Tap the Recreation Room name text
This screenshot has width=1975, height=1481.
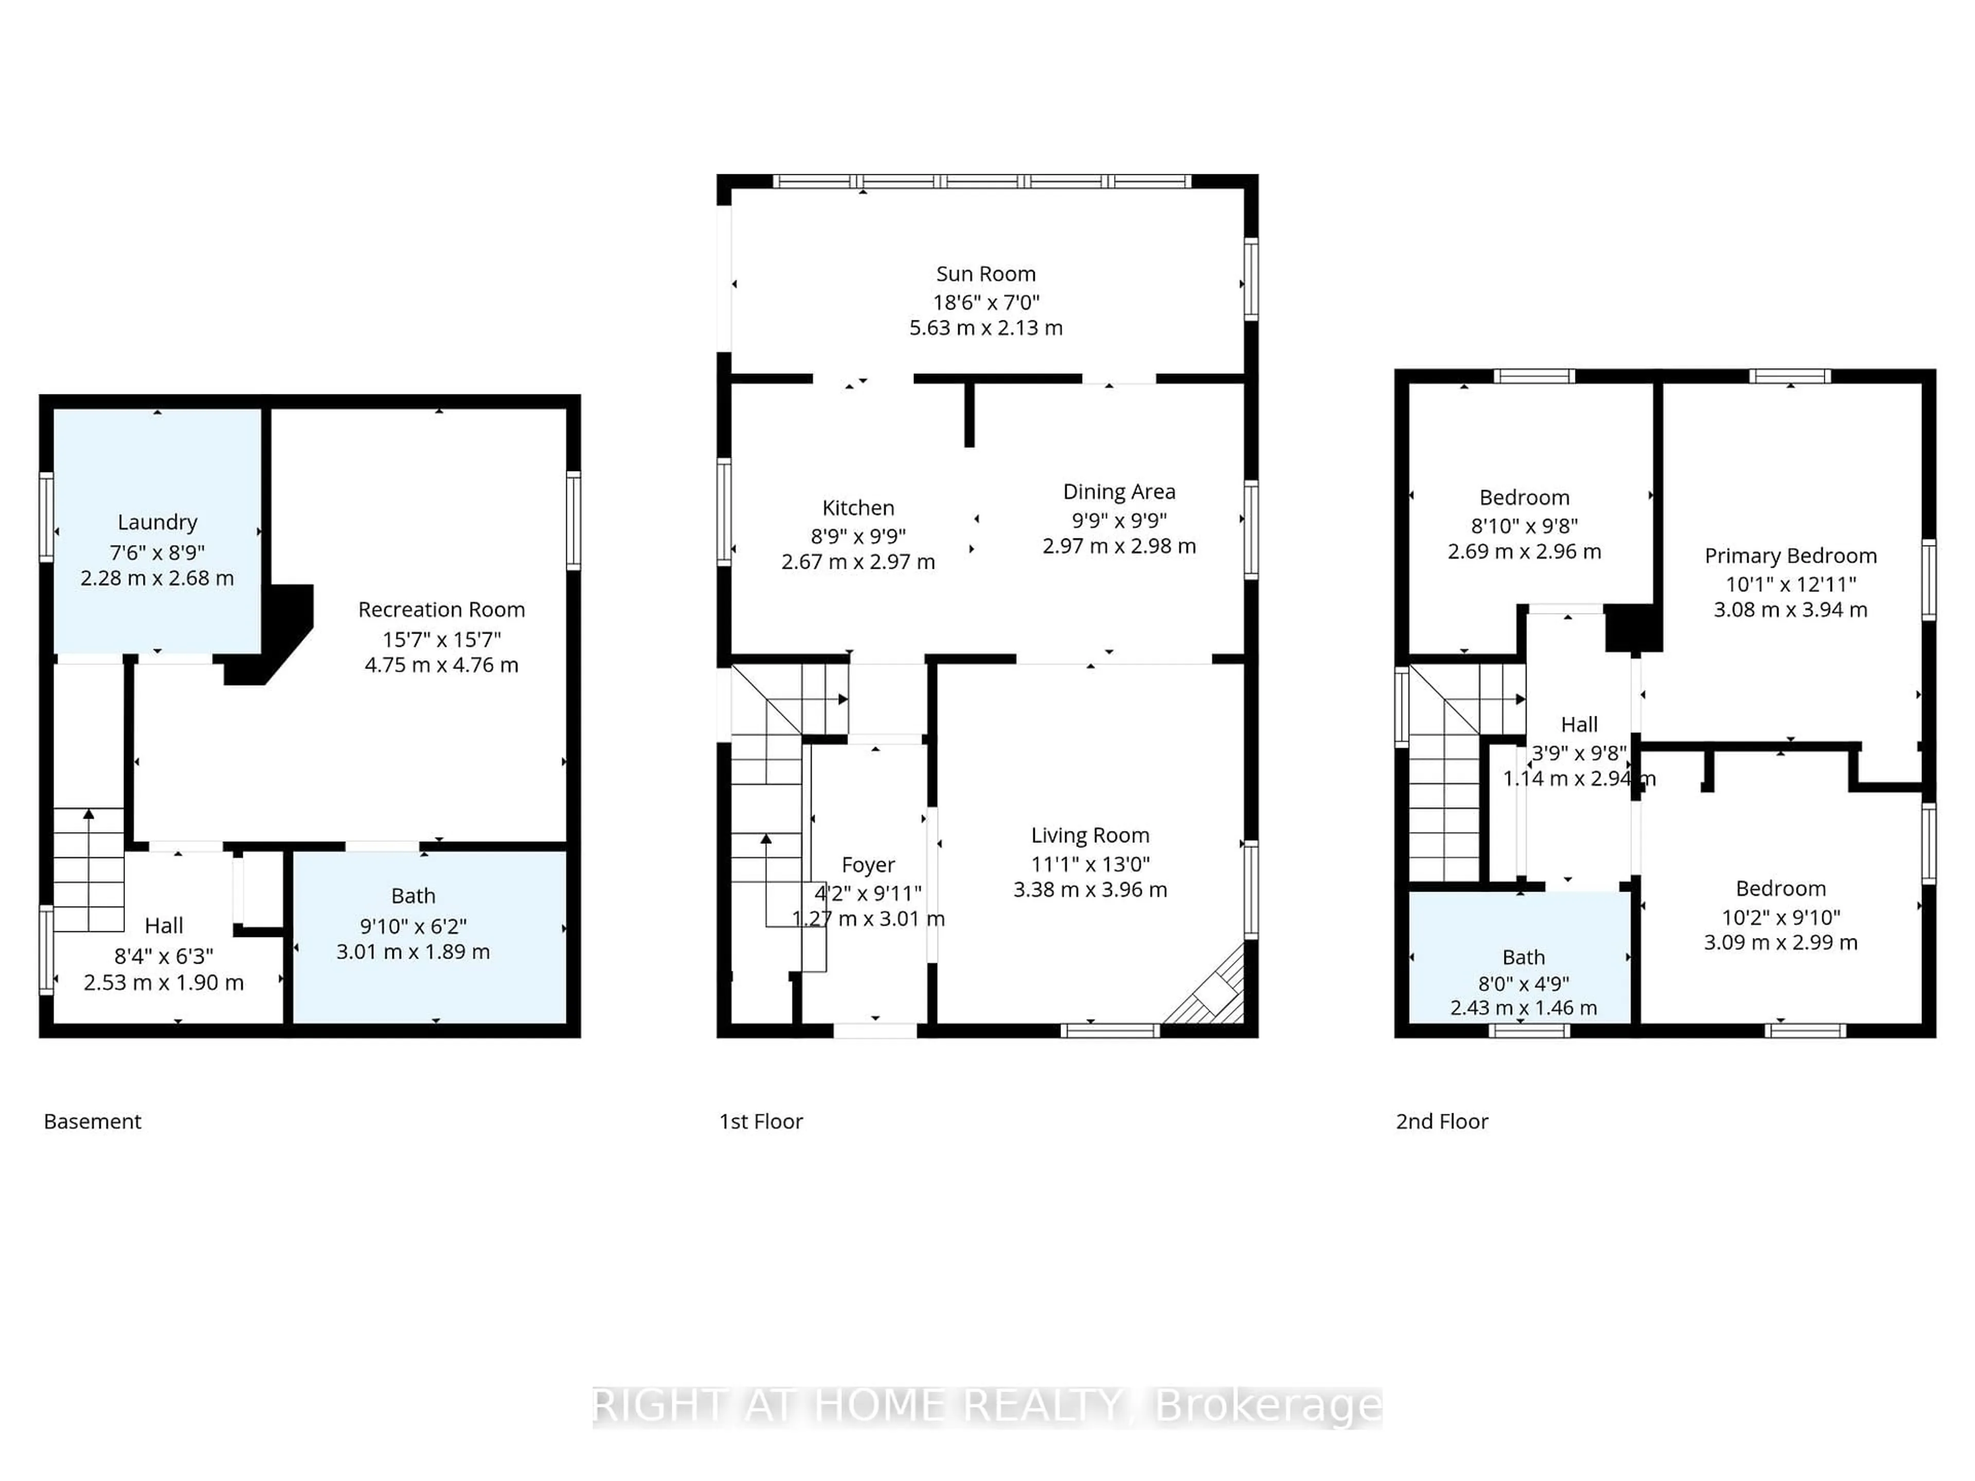click(x=441, y=610)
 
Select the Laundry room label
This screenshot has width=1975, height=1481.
click(x=157, y=522)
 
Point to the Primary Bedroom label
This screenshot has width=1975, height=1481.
click(x=1790, y=556)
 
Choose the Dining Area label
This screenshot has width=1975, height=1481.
click(x=1119, y=492)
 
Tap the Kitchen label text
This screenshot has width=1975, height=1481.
click(x=857, y=508)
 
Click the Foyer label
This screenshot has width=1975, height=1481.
click(x=867, y=865)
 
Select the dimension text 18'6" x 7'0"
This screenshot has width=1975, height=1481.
click(x=986, y=302)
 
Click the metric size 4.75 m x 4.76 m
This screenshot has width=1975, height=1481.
click(x=441, y=665)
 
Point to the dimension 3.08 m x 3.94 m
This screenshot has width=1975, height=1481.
click(x=1790, y=610)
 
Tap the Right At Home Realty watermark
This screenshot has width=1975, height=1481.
click(x=986, y=1406)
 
